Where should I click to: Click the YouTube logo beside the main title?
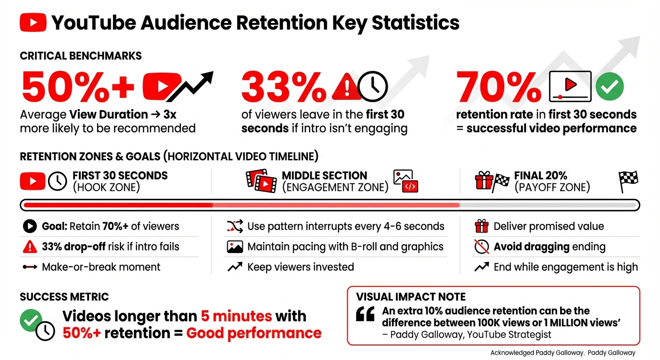(x=33, y=22)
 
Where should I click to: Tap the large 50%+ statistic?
(x=78, y=88)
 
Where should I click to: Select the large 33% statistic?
(x=284, y=88)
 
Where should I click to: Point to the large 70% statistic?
(x=499, y=88)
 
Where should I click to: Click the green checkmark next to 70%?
(x=609, y=86)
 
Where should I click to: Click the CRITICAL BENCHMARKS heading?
(x=81, y=56)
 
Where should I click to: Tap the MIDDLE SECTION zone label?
(x=324, y=176)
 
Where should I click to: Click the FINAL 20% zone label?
(x=540, y=176)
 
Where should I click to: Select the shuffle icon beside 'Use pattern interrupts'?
(x=235, y=226)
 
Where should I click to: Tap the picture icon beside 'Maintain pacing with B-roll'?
(x=235, y=247)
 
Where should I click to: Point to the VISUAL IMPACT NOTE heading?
(x=411, y=297)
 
